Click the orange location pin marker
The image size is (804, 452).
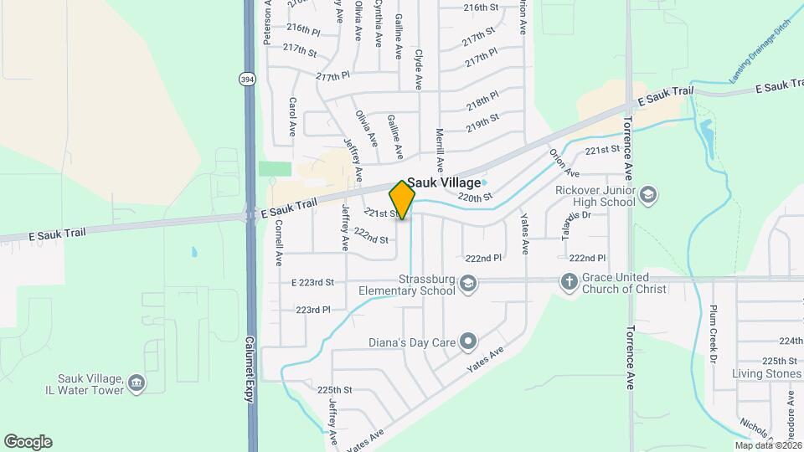403,199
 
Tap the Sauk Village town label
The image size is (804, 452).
445,182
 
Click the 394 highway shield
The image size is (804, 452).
246,79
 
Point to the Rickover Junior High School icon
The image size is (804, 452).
647,196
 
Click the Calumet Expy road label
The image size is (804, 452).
249,370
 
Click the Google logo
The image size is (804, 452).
28,442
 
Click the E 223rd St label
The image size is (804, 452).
313,282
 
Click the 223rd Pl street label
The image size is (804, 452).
313,310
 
